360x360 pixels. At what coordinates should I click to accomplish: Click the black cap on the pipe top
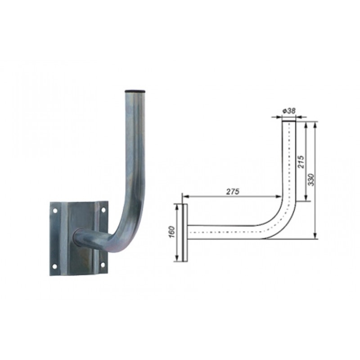click(x=135, y=91)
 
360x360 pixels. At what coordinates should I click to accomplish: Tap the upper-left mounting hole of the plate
click(x=55, y=210)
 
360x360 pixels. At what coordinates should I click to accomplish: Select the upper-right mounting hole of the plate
click(x=103, y=210)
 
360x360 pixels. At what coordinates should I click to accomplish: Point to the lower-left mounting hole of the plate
click(x=54, y=266)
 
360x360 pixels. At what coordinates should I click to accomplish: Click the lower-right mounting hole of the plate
click(x=103, y=265)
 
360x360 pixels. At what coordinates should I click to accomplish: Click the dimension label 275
click(x=233, y=191)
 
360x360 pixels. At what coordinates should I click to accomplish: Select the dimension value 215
click(x=301, y=162)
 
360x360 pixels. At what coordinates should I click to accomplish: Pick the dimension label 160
click(x=172, y=232)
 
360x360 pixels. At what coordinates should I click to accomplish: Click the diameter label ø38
click(x=289, y=111)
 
